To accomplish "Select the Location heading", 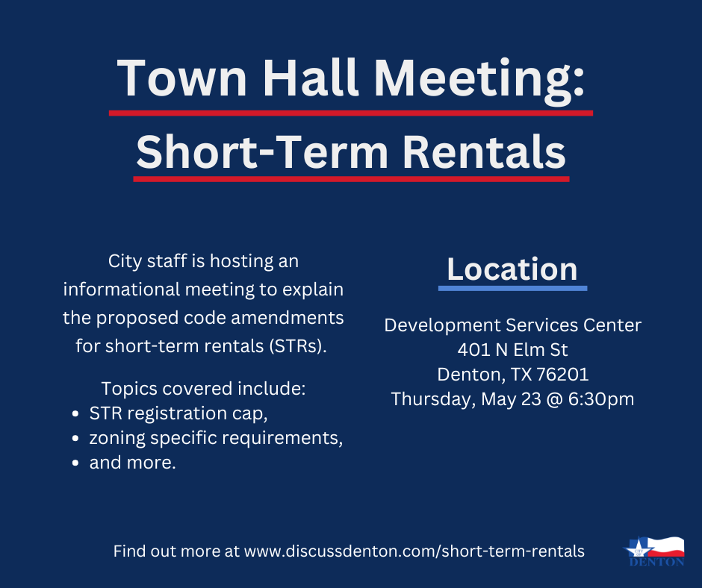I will click(512, 269).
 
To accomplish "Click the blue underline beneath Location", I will click(512, 287).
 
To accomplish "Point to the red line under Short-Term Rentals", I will click(351, 179).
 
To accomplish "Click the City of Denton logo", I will click(654, 551).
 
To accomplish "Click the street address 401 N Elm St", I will click(512, 349).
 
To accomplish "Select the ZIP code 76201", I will click(563, 374).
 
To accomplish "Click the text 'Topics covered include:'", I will click(204, 389).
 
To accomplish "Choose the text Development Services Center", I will click(512, 325).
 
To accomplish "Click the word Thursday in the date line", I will click(430, 399).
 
